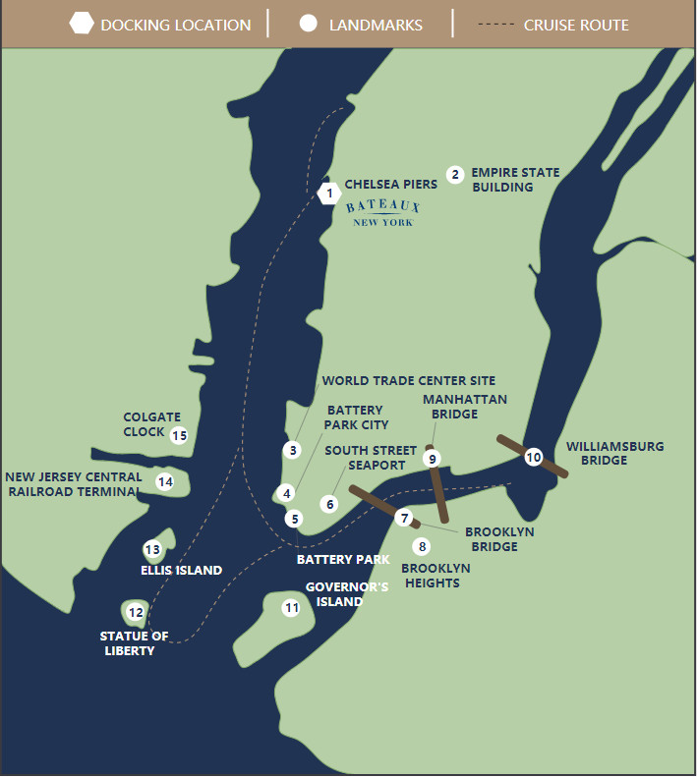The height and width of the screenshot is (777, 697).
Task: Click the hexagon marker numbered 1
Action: pos(328,194)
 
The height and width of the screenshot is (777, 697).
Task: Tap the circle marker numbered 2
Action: pos(454,175)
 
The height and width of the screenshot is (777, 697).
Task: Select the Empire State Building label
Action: pos(515,180)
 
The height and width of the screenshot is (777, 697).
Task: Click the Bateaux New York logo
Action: pos(383,213)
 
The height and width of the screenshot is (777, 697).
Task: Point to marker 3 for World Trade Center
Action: pos(292,450)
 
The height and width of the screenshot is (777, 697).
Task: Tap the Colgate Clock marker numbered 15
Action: pos(178,435)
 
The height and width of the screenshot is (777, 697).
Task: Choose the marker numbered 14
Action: pos(165,481)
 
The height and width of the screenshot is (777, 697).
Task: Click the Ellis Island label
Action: pos(181,570)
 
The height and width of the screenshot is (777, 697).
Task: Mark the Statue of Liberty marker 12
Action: pos(136,613)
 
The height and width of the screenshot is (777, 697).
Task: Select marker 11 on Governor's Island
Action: pos(291,607)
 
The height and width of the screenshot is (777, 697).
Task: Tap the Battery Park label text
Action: pos(343,559)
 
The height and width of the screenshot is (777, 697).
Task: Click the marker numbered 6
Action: pos(329,504)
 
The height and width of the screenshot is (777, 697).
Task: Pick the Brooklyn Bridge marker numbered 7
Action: pos(403,517)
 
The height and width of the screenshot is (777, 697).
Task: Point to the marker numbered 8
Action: pos(422,546)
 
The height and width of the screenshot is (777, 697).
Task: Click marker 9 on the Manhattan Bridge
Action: pos(432,458)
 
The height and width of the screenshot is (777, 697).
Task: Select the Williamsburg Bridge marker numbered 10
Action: pos(533,457)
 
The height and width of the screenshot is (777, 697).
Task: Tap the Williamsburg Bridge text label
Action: pos(614,453)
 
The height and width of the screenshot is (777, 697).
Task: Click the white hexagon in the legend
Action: pos(82,24)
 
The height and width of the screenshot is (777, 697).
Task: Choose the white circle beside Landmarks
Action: pos(308,24)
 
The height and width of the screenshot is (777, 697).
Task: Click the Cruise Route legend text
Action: pos(576,25)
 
